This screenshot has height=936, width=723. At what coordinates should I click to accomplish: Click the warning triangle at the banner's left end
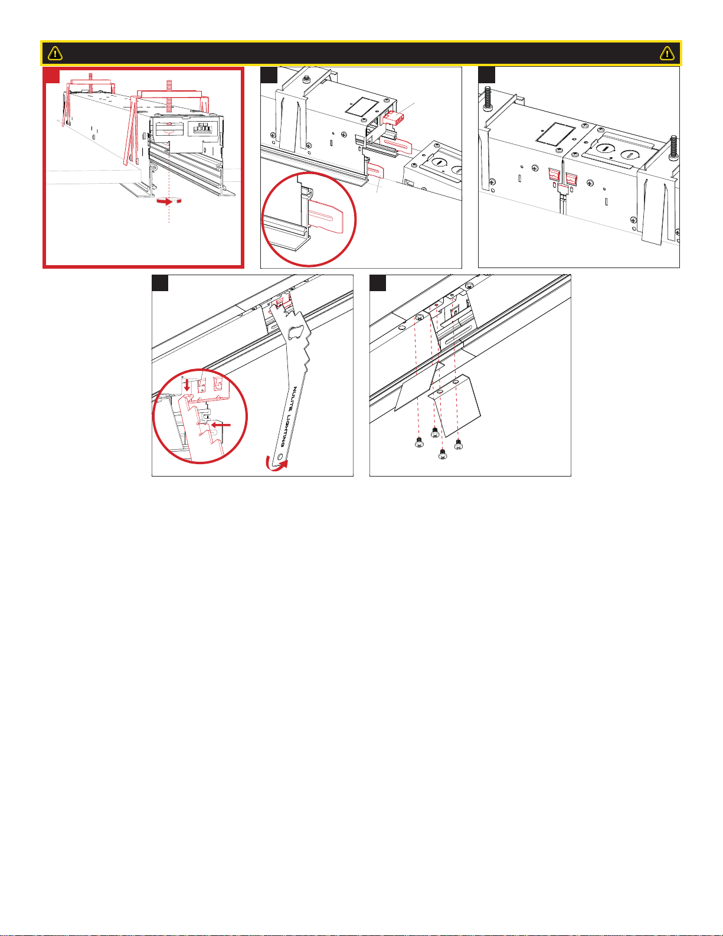(55, 53)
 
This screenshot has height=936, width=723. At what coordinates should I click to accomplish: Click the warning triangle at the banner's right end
(667, 53)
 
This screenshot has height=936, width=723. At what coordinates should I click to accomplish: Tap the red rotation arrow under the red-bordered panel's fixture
(169, 201)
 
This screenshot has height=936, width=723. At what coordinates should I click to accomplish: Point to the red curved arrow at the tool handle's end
(276, 464)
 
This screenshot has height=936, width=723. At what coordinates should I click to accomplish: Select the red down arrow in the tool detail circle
(187, 384)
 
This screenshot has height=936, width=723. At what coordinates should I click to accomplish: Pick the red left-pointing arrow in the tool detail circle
(221, 425)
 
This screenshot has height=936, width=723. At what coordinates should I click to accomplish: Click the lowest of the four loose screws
(442, 454)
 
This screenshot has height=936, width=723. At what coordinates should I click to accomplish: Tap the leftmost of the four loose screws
(418, 442)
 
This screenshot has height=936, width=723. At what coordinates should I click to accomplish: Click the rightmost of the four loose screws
(459, 444)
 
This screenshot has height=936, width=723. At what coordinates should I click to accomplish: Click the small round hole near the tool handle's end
(281, 456)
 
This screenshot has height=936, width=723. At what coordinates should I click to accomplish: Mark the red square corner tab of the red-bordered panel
(52, 75)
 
